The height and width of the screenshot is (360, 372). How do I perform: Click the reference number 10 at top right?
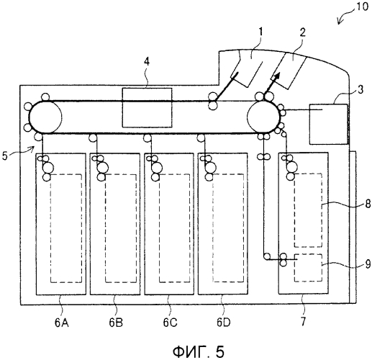click(362, 6)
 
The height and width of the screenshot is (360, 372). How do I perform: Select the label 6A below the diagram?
click(62, 323)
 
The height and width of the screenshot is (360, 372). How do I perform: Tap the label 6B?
click(116, 323)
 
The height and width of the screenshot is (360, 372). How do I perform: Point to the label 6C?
click(171, 323)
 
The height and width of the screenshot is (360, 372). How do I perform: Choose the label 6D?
click(224, 323)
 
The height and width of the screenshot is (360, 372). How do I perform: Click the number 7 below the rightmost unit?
click(304, 322)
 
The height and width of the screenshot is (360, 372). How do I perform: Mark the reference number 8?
click(368, 204)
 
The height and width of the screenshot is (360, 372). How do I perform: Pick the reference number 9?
click(368, 264)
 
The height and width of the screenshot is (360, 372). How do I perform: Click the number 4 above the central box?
click(147, 62)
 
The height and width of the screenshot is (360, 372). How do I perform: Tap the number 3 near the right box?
click(360, 89)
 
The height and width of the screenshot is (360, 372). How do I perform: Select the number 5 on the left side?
click(5, 156)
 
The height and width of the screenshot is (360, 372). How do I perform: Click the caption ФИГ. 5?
click(199, 351)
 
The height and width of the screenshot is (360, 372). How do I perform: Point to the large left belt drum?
click(45, 117)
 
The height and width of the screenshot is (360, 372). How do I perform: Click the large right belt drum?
click(263, 117)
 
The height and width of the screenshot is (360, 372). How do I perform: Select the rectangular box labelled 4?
click(147, 107)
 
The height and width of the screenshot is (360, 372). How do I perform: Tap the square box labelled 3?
click(328, 124)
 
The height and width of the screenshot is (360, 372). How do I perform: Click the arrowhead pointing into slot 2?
click(276, 76)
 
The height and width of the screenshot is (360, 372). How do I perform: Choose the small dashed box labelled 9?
click(309, 267)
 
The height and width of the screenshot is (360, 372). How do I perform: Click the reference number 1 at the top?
click(260, 32)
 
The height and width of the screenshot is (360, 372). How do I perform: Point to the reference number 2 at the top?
click(303, 32)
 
